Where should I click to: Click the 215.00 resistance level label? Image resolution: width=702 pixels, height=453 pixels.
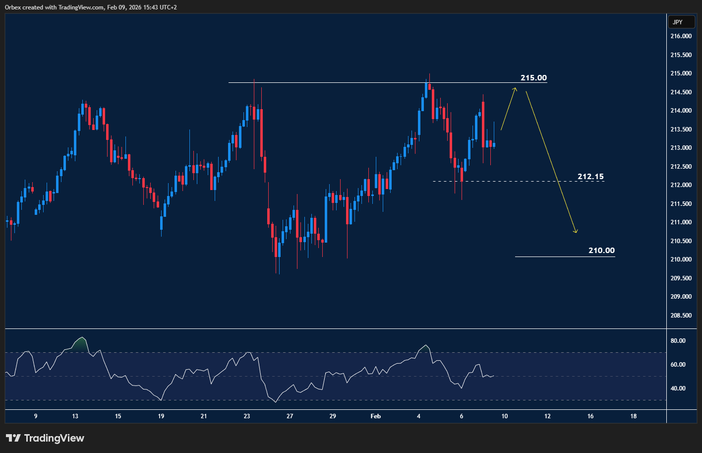click(533, 78)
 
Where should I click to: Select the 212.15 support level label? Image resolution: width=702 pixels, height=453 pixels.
click(590, 177)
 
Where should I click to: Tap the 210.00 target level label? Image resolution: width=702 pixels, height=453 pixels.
click(601, 251)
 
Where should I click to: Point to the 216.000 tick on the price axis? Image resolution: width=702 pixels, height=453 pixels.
click(681, 36)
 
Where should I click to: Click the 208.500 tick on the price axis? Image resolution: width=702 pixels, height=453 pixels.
click(681, 316)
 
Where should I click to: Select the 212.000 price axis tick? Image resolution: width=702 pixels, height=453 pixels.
click(681, 185)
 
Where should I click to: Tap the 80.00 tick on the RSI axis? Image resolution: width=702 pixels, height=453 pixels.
click(678, 341)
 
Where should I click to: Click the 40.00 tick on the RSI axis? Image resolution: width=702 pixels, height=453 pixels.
click(678, 388)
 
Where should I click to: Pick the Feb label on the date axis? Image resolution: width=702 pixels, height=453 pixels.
click(376, 416)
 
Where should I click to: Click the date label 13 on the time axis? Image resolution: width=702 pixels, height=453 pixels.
click(75, 416)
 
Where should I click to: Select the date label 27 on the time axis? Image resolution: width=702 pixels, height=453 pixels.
click(290, 416)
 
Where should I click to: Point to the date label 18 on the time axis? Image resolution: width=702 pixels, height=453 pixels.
click(633, 416)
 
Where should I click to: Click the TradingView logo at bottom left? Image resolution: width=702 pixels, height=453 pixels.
click(45, 438)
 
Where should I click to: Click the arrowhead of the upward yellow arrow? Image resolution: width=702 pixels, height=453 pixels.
click(515, 89)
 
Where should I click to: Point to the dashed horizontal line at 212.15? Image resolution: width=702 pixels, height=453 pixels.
click(496, 182)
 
